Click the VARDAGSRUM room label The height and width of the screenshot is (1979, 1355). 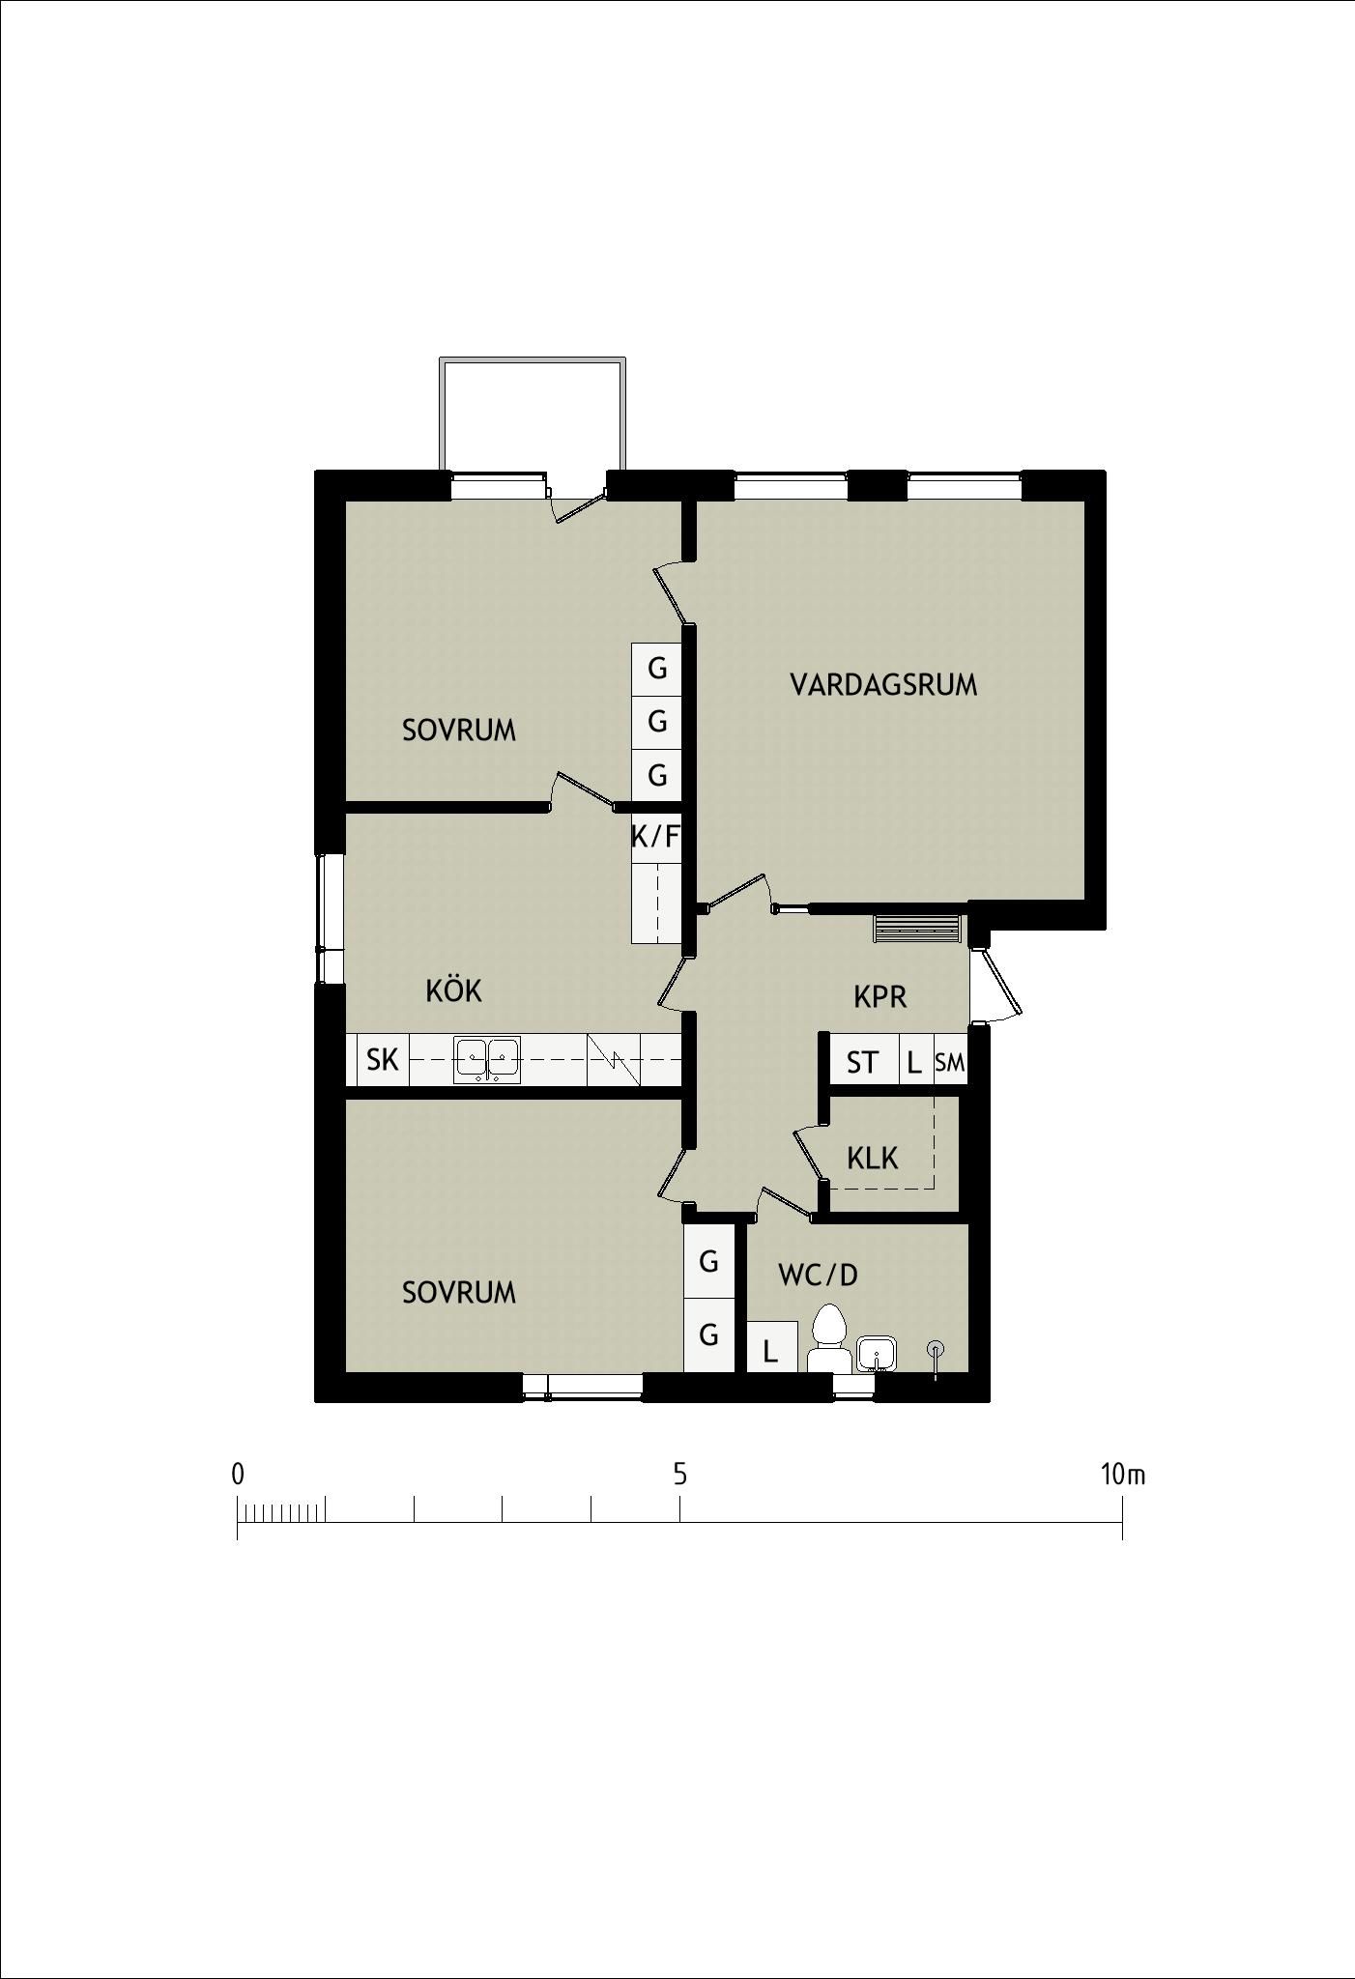883,685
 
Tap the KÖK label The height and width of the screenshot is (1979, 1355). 453,990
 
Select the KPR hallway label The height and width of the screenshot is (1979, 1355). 879,997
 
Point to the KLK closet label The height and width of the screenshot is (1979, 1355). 872,1158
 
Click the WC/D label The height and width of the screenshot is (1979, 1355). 818,1276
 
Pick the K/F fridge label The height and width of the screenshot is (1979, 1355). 655,837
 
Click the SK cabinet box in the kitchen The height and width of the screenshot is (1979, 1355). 383,1060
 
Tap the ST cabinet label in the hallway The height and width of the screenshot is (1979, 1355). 862,1063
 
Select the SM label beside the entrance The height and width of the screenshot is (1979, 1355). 949,1063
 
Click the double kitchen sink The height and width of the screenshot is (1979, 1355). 487,1059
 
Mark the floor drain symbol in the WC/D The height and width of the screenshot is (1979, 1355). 935,1349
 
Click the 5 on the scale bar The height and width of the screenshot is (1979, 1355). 680,1475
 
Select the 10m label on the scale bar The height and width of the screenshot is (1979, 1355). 1122,1475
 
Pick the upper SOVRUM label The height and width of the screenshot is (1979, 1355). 459,731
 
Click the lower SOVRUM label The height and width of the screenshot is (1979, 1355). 459,1292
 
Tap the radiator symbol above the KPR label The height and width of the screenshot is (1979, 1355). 917,929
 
